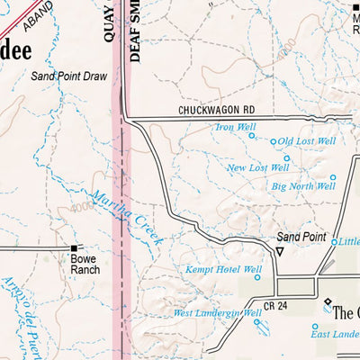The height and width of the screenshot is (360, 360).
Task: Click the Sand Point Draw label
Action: coord(68,76)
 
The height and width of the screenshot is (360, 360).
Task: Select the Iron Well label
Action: coord(235,127)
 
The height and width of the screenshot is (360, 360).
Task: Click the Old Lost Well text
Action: coord(307,141)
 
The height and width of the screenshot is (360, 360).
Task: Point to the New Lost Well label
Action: coord(257,167)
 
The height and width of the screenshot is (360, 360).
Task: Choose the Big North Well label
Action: coord(302,186)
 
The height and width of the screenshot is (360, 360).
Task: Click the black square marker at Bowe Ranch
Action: coord(75,247)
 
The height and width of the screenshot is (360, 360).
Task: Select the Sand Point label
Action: coord(301,237)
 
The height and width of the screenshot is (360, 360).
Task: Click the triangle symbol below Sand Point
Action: coord(279,252)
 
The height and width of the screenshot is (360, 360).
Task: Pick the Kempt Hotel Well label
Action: coord(222,269)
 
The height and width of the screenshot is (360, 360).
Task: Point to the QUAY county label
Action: coord(109,20)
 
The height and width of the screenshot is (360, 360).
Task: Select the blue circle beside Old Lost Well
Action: coord(274,140)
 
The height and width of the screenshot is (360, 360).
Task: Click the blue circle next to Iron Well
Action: coord(262,127)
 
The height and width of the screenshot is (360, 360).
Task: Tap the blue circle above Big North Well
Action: coord(332,177)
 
